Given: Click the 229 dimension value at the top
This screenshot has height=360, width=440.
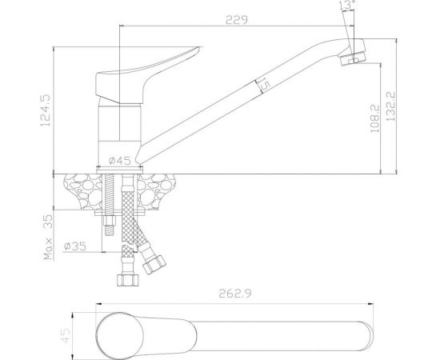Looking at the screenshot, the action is click(237, 20).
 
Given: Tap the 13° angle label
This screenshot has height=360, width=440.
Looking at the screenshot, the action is click(347, 5).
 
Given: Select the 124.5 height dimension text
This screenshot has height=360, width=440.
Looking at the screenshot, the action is click(46, 110).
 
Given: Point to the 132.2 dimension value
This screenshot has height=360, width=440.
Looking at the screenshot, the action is click(391, 106).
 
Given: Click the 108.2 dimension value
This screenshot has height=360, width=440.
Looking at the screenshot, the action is click(374, 118).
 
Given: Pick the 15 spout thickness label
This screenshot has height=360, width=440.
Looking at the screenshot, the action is click(263, 84).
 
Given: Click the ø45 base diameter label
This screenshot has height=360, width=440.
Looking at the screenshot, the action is click(120, 161).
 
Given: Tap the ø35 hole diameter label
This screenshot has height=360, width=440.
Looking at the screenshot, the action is click(75, 246).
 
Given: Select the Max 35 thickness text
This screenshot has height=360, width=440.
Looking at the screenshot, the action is click(48, 238).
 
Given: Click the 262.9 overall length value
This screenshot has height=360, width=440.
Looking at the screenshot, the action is click(235, 294).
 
